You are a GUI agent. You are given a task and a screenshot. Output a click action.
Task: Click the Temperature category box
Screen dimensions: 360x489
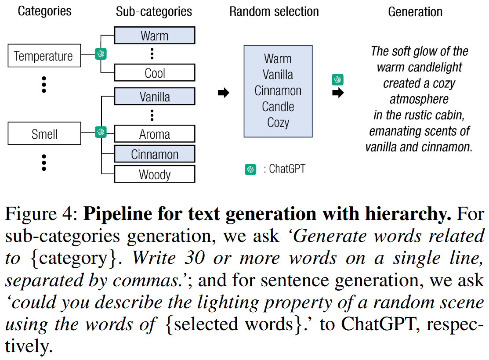pyautogui.click(x=44, y=56)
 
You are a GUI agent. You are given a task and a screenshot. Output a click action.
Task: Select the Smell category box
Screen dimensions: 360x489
pyautogui.click(x=44, y=133)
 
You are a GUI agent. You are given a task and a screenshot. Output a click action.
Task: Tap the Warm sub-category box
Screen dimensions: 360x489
pyautogui.click(x=154, y=36)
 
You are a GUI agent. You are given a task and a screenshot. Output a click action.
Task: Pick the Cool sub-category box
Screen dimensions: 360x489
pyautogui.click(x=154, y=73)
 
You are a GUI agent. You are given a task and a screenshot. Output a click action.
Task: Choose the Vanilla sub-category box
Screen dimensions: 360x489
pyautogui.click(x=154, y=97)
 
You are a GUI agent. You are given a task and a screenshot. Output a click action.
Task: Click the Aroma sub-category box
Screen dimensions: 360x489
pyautogui.click(x=154, y=134)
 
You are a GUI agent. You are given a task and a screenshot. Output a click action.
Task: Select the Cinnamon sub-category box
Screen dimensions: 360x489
pyautogui.click(x=154, y=154)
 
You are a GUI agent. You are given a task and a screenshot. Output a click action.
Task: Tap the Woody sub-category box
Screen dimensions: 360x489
pyautogui.click(x=154, y=174)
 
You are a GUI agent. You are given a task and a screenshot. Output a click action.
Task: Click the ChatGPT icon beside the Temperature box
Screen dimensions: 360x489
pyautogui.click(x=101, y=54)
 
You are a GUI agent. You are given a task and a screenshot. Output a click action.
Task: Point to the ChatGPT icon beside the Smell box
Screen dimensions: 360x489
pyautogui.click(x=101, y=132)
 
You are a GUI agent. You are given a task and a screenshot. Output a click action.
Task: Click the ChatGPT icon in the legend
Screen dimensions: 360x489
pyautogui.click(x=250, y=169)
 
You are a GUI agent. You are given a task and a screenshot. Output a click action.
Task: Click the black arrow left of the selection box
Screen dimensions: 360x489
pyautogui.click(x=224, y=93)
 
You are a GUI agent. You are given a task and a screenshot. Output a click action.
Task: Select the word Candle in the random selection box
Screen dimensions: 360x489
pyautogui.click(x=278, y=107)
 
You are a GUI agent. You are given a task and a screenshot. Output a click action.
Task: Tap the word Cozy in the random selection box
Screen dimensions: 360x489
pyautogui.click(x=278, y=122)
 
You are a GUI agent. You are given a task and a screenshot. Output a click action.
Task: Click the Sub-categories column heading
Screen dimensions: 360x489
pyautogui.click(x=154, y=11)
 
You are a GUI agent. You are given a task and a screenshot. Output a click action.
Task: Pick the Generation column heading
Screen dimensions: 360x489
pyautogui.click(x=415, y=12)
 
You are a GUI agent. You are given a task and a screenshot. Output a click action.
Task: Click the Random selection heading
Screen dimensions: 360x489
pyautogui.click(x=274, y=11)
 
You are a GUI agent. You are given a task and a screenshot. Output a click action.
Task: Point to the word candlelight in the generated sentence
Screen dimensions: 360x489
pyautogui.click(x=435, y=68)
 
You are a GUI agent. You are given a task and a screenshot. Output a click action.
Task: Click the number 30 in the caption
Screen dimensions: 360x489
pyautogui.click(x=194, y=258)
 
